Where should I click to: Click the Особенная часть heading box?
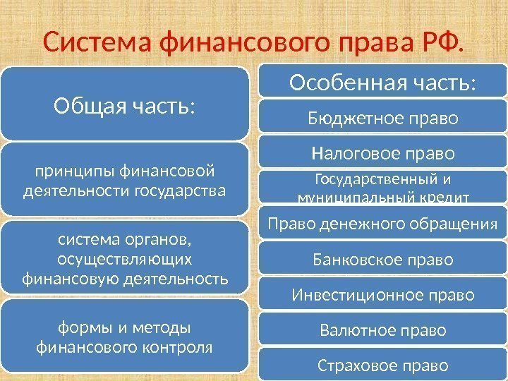coord(383,83)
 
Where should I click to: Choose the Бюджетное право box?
coord(383,118)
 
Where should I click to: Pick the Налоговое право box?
coord(383,152)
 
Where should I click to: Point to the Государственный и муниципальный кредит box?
coord(383,187)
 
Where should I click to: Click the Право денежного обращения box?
coord(383,224)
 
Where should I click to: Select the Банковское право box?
coord(383,260)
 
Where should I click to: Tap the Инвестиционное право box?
coord(383,294)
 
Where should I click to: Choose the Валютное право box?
coord(383,329)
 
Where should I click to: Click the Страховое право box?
coord(383,365)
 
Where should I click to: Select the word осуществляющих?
coord(125,261)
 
